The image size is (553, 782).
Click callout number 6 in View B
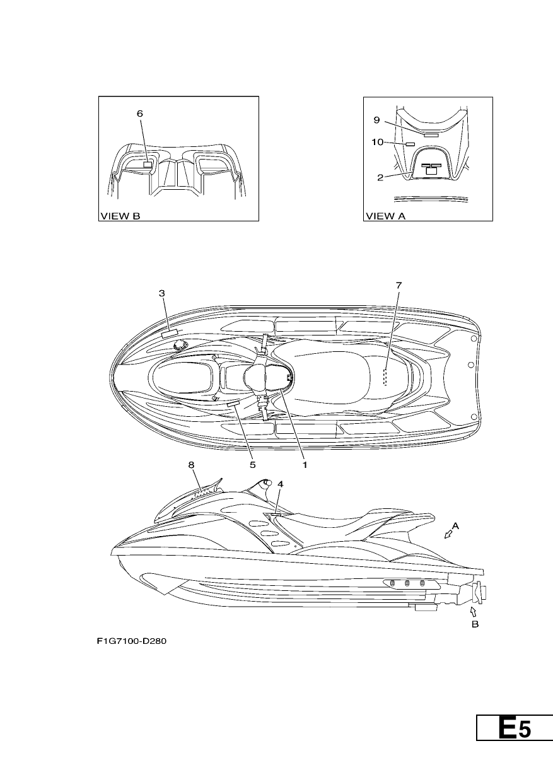(x=139, y=114)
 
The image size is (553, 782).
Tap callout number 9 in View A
(x=376, y=120)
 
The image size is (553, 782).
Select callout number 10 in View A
(x=378, y=142)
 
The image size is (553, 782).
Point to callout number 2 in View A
(x=380, y=178)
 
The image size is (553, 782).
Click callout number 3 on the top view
(x=161, y=293)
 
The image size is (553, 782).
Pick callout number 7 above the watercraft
(x=399, y=285)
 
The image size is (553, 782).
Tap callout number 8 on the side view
(x=191, y=465)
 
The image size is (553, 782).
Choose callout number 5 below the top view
(x=252, y=465)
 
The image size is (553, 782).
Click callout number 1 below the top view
(x=305, y=465)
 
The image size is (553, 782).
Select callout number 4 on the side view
(x=281, y=484)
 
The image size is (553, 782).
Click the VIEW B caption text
(x=120, y=216)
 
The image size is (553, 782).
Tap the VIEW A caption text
(x=385, y=216)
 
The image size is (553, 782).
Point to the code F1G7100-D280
(x=132, y=641)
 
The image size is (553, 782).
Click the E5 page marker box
(x=515, y=727)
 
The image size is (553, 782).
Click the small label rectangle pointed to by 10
(x=409, y=144)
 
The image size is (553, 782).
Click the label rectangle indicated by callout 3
(x=170, y=333)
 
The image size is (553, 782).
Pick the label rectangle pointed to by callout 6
(x=148, y=165)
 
